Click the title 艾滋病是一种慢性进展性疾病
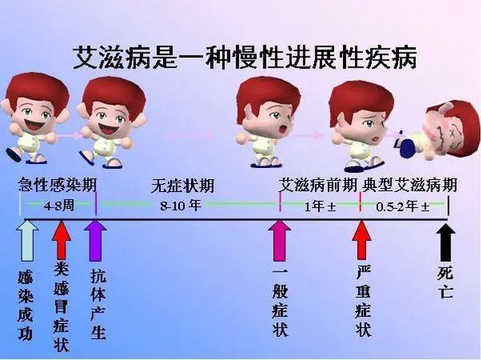245,58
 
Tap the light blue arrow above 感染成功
27,241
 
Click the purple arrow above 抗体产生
96,240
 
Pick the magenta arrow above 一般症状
279,240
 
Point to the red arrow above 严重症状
361,240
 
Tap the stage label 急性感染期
57,185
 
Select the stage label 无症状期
182,186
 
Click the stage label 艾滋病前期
318,185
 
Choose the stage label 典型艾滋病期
410,185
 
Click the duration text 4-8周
59,206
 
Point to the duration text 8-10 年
181,206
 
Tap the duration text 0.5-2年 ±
403,207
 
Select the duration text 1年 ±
320,207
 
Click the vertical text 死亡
446,282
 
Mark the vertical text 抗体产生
99,304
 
